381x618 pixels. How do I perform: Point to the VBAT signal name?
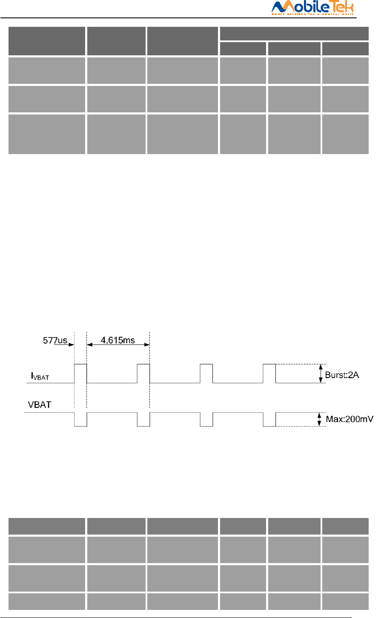[40, 404]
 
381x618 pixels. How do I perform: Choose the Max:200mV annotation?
[349, 419]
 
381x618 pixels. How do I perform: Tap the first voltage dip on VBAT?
[80, 420]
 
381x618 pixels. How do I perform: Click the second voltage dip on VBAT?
[143, 420]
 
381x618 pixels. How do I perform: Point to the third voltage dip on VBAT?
[206, 420]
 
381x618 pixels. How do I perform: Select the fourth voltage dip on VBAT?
[269, 420]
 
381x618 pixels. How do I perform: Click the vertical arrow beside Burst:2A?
[320, 374]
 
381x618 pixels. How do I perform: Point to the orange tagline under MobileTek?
[313, 14]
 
